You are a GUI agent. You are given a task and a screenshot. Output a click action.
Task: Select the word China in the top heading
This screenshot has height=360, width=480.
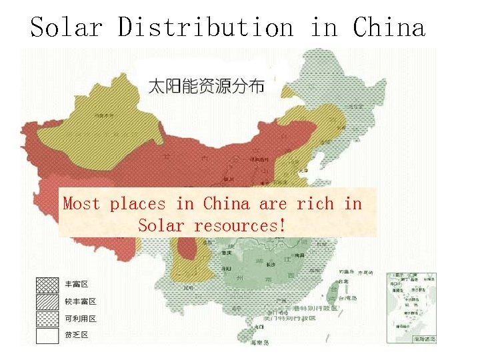pos(389,28)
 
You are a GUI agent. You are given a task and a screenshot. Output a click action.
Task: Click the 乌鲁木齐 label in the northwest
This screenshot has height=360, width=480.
pos(103,115)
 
